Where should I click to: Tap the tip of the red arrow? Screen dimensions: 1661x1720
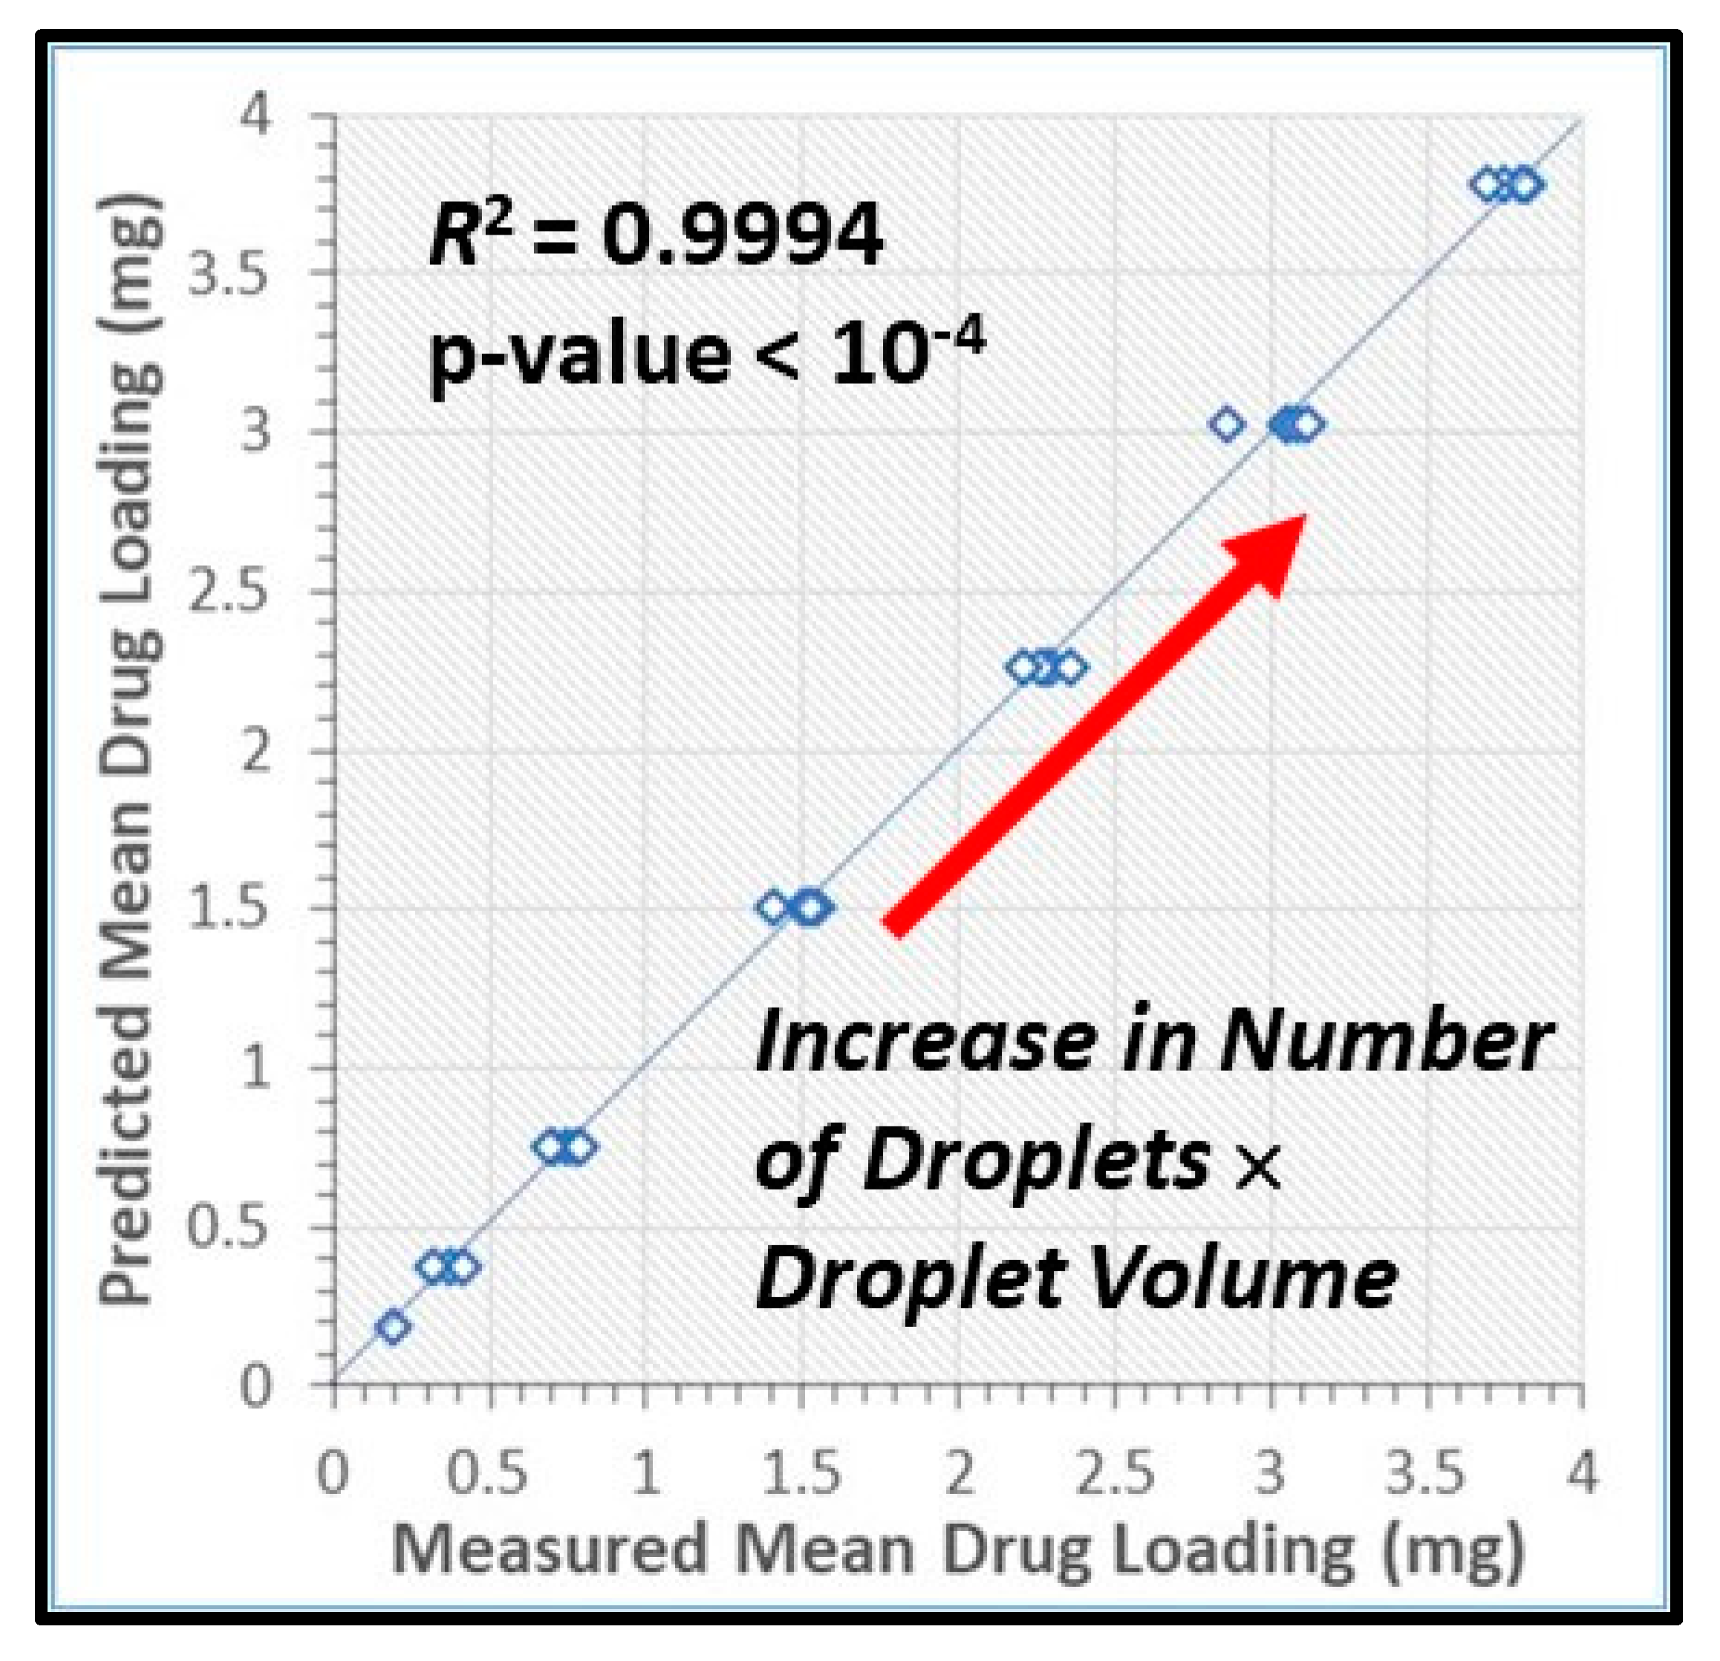(x=1304, y=518)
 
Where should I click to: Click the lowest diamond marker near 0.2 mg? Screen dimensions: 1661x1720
(x=394, y=1326)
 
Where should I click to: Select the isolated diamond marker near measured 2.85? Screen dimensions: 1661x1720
(x=1227, y=425)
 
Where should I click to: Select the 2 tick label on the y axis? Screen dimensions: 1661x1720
(x=255, y=752)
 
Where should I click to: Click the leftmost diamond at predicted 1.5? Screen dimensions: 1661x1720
(x=773, y=908)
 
